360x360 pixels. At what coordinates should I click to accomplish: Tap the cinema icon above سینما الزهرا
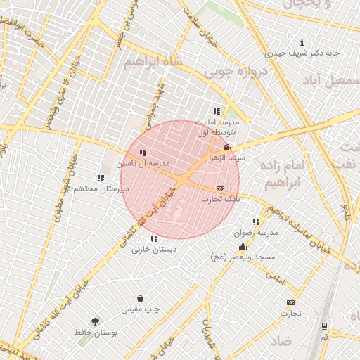coord(226,147)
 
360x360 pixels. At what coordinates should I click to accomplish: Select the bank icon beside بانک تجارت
coord(221,188)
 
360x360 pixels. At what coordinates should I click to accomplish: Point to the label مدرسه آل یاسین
coord(144,163)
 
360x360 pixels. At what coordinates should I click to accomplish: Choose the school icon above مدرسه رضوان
coord(256,221)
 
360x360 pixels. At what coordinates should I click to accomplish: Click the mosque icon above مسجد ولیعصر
coord(243,246)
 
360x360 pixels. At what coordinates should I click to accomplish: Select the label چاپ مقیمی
coord(141,309)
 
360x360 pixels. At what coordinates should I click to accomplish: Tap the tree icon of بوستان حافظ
coord(96,320)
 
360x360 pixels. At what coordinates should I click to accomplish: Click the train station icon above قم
coord(324,326)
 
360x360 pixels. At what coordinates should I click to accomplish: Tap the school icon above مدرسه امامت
coord(217,111)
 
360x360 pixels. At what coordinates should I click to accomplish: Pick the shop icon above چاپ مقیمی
coord(141,298)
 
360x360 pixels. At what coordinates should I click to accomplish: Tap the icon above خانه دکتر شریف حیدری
coord(302,41)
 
